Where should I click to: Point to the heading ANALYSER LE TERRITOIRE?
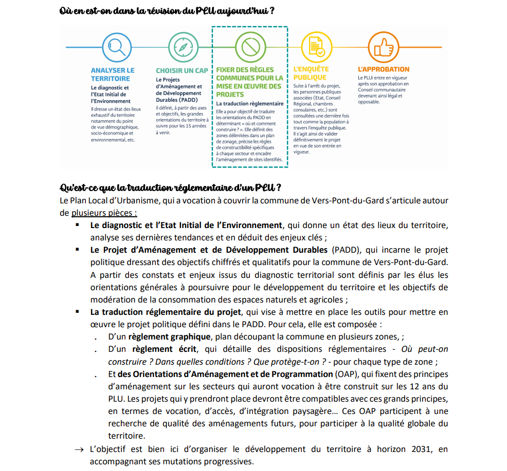[x=113, y=74]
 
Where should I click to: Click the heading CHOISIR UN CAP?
[x=182, y=70]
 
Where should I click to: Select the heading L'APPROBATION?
[x=384, y=69]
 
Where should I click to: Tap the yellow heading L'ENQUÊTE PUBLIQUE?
[x=311, y=73]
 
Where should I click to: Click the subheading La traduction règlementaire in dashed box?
[x=250, y=103]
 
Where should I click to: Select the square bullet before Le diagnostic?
[x=78, y=225]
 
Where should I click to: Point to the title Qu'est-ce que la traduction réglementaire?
[x=170, y=186]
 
